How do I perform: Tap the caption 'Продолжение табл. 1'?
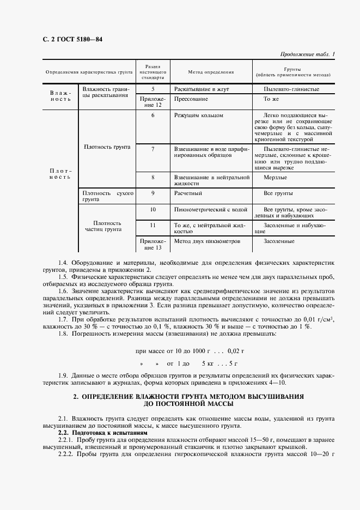[307, 54]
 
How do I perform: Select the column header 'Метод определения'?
[211, 72]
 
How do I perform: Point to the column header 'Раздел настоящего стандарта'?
[153, 72]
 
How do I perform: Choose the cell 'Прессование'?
[191, 100]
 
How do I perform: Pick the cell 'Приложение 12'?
[153, 102]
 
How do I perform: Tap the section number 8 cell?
[153, 178]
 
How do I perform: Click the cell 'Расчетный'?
[188, 193]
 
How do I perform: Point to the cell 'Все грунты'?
[278, 193]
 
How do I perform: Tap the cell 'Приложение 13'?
[153, 244]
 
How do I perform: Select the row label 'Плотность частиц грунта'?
[107, 226]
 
